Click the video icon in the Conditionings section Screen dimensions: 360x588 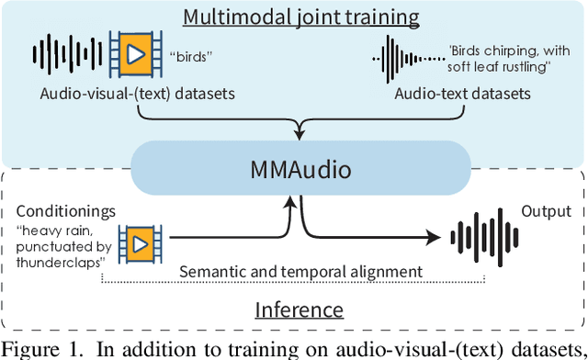[139, 242]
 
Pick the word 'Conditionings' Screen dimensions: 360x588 [65, 211]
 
